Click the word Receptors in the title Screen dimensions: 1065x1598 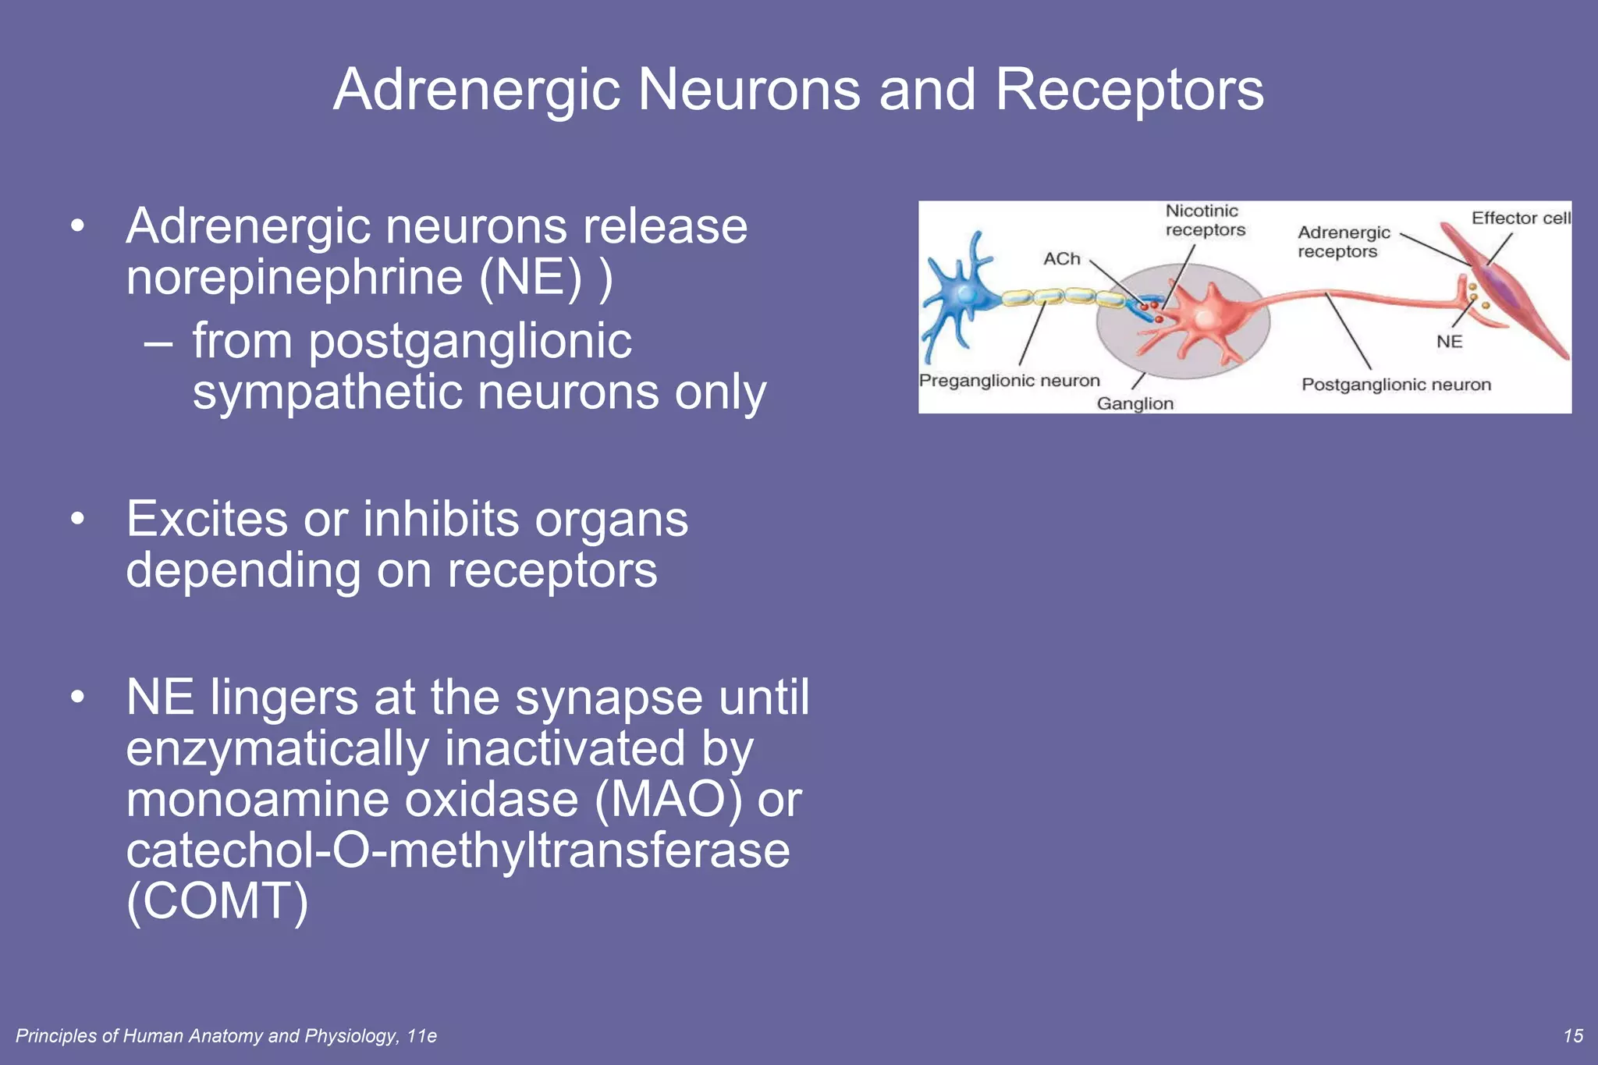point(1129,90)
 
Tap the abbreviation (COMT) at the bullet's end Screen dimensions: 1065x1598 point(218,901)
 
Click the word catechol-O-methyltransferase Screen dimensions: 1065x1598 point(458,850)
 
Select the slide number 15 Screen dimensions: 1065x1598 point(1573,1035)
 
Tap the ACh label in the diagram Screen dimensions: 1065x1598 point(1062,259)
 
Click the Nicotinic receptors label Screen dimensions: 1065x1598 point(1205,220)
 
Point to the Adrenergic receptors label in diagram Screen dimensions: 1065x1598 point(1343,242)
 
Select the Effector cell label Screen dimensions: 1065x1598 point(1520,218)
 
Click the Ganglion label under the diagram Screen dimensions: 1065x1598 point(1135,403)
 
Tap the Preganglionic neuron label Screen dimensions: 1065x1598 point(1009,381)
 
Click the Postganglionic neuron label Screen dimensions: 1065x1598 point(1396,385)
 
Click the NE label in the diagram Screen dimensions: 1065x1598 point(1449,342)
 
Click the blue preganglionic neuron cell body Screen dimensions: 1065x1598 point(966,295)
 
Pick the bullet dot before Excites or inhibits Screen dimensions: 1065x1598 point(76,519)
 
